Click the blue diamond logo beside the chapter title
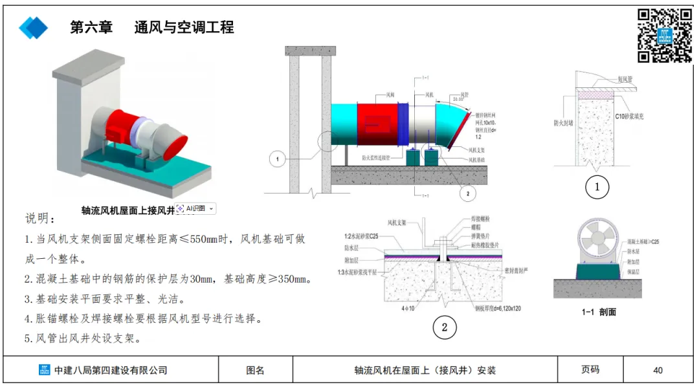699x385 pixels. tap(34, 28)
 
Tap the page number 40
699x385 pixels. tap(658, 370)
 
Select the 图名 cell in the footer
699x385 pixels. tap(256, 370)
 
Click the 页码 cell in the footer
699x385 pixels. tap(590, 369)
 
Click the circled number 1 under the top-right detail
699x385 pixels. tap(597, 188)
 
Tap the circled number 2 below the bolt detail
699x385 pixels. tap(444, 327)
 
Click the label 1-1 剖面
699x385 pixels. tap(599, 312)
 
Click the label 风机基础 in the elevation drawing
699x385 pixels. tap(478, 159)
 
